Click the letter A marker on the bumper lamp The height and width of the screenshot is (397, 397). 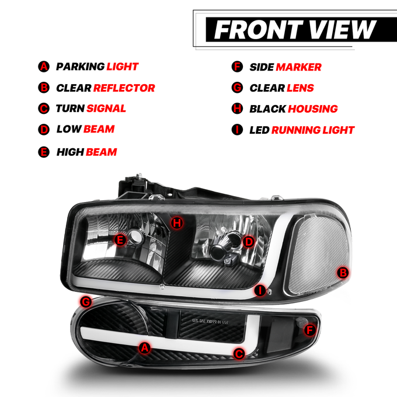click(x=145, y=348)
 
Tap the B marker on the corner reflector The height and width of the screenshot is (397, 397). click(x=343, y=273)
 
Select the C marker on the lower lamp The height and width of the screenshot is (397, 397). click(x=239, y=354)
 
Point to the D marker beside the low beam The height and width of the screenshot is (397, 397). click(x=248, y=242)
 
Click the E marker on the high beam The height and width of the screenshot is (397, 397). click(x=120, y=239)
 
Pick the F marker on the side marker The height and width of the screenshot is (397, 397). click(x=309, y=330)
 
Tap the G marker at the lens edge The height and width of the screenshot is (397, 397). click(x=86, y=302)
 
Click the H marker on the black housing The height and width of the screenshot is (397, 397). click(x=177, y=223)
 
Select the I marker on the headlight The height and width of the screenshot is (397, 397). click(x=260, y=290)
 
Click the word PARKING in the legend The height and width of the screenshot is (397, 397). click(x=80, y=67)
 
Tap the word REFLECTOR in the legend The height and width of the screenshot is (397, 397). click(x=124, y=88)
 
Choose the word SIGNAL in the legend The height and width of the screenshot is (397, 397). click(x=106, y=109)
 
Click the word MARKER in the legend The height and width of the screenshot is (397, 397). click(x=298, y=67)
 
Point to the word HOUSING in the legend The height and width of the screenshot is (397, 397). click(x=313, y=109)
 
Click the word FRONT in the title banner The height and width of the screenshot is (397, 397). click(x=259, y=30)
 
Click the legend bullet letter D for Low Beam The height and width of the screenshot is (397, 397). click(x=44, y=130)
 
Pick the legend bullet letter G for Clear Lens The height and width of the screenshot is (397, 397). click(x=237, y=88)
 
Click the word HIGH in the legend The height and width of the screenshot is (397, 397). click(x=70, y=152)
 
